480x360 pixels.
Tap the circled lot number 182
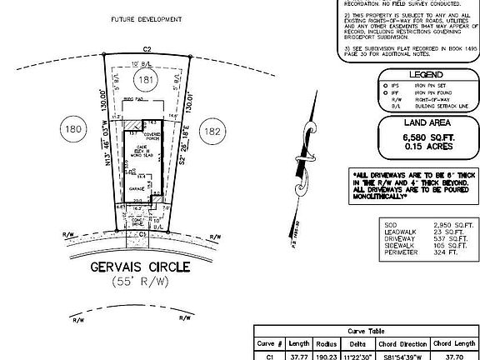point(214,132)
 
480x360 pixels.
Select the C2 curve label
point(145,50)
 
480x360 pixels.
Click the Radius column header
point(325,342)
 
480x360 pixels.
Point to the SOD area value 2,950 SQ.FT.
point(446,224)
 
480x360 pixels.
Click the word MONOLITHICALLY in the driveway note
point(381,198)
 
